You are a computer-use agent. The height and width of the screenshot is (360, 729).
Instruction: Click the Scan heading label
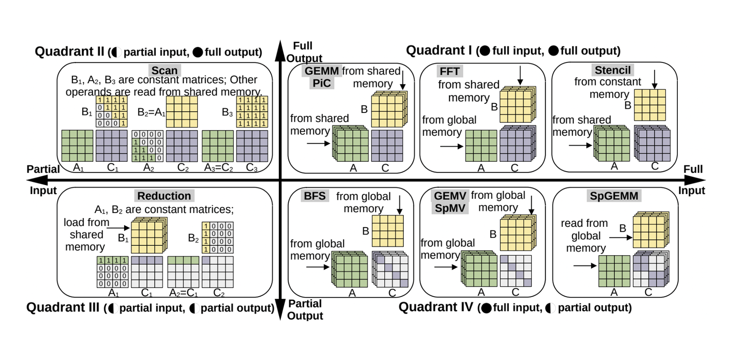click(164, 70)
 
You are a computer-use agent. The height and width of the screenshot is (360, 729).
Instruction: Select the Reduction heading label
click(164, 196)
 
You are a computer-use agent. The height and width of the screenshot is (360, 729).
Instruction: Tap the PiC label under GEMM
click(321, 83)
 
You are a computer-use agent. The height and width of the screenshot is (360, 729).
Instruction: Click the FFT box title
click(449, 71)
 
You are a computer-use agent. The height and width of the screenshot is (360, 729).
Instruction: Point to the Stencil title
click(612, 70)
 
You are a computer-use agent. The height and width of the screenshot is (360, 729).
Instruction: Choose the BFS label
click(314, 196)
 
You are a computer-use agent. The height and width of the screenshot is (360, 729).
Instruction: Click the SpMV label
click(450, 208)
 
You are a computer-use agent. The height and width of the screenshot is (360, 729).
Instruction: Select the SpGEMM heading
click(614, 196)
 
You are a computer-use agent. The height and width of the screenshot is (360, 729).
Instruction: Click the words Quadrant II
click(70, 51)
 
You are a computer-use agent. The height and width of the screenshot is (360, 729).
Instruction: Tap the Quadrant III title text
click(63, 307)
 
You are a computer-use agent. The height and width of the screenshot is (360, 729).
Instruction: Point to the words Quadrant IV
click(436, 307)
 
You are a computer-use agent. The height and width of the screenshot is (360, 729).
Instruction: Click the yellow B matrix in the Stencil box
click(650, 105)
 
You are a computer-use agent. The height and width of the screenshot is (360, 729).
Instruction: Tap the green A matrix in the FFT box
click(481, 145)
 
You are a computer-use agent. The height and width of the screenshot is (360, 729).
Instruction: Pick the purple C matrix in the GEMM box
click(387, 145)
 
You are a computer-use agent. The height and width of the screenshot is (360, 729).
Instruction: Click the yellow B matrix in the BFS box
click(387, 231)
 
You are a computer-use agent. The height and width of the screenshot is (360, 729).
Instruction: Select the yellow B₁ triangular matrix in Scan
click(112, 111)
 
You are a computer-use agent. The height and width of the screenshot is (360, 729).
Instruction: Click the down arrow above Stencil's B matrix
click(654, 80)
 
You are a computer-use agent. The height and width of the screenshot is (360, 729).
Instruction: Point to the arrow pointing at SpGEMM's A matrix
click(585, 266)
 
